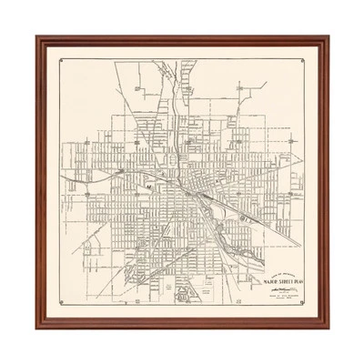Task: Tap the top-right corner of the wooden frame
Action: click(x=326, y=39)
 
